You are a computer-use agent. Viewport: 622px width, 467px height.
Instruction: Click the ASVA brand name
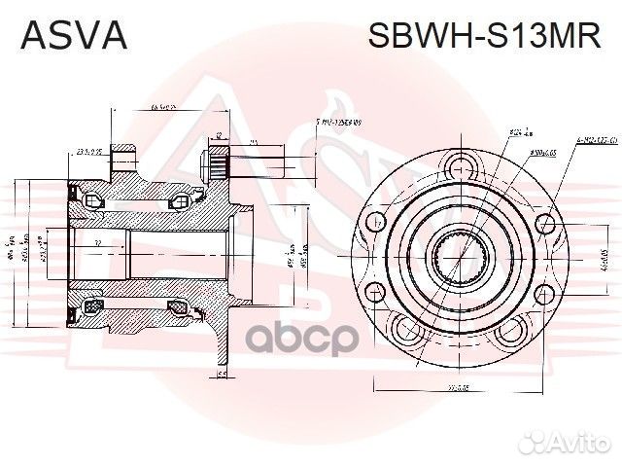73,35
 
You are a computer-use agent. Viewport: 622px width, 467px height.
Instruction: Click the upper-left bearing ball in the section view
92,200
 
